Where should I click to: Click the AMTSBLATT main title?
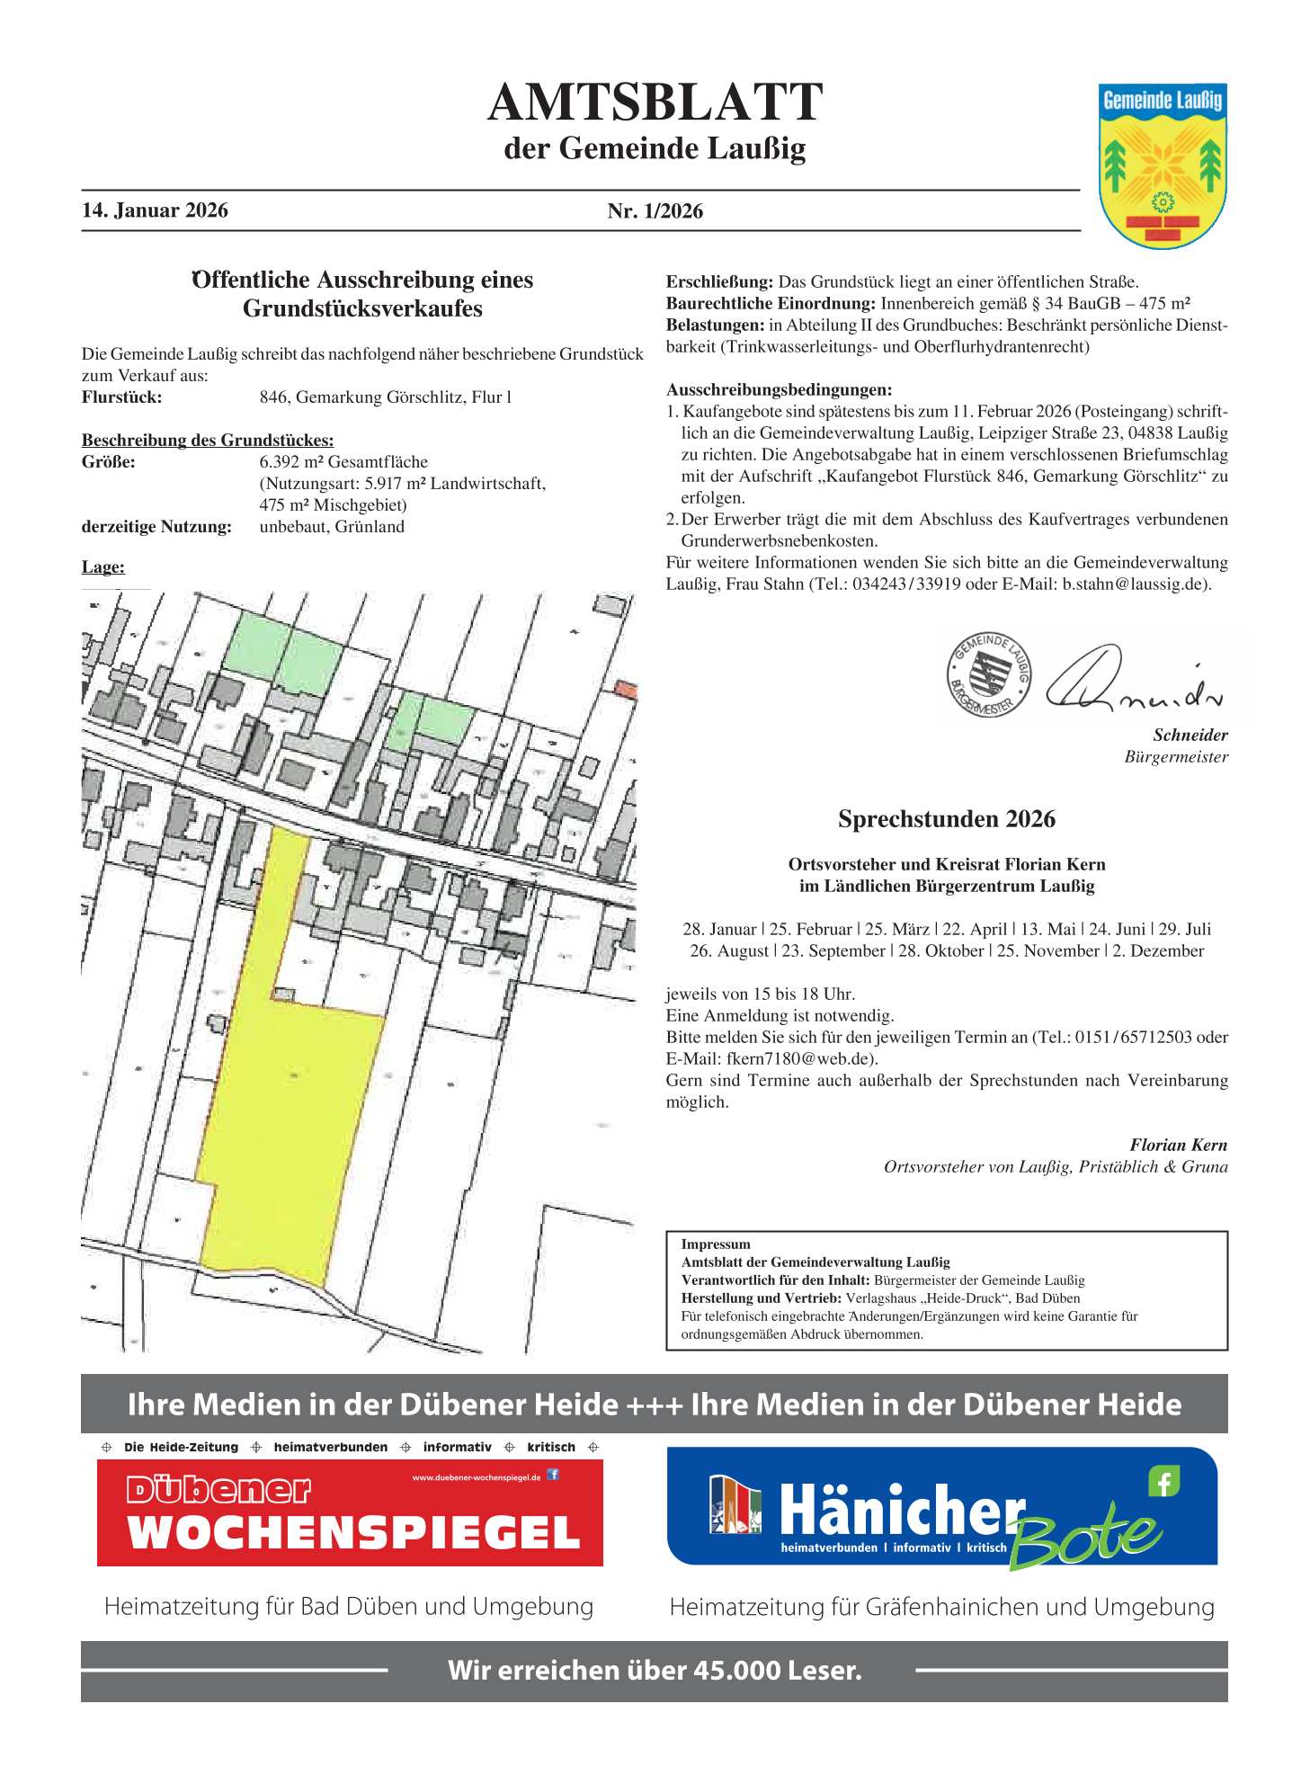(655, 102)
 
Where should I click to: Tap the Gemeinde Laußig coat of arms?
(1163, 166)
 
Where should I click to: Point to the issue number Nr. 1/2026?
(655, 211)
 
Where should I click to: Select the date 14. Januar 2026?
(155, 210)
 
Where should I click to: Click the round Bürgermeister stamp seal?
(988, 674)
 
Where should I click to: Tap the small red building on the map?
(626, 690)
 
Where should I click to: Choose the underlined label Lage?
(103, 567)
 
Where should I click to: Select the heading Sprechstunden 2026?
(946, 819)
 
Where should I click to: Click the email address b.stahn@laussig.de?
(1136, 584)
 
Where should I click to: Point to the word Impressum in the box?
(716, 1244)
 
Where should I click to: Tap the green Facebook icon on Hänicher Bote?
(1163, 1481)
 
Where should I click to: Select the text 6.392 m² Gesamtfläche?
(343, 462)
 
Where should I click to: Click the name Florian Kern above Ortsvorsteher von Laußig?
(1178, 1146)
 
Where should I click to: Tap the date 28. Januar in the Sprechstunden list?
(719, 930)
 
